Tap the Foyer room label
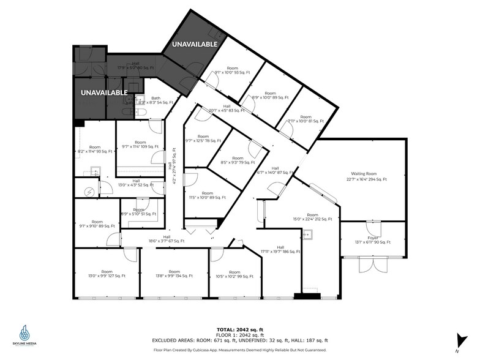point(373,237)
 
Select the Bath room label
point(156,98)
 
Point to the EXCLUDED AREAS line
point(240,340)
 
